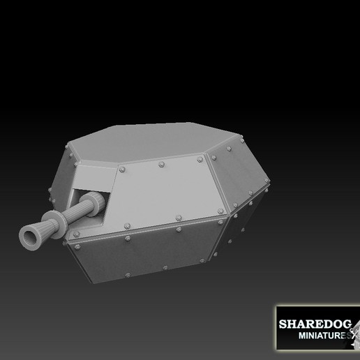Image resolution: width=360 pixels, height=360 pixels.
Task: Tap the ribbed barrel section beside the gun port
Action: click(x=85, y=207)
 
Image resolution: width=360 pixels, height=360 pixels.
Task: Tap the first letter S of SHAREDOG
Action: click(x=283, y=324)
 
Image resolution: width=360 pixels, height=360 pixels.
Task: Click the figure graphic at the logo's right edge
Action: click(x=353, y=328)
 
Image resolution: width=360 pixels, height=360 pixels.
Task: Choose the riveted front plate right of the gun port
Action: click(x=160, y=195)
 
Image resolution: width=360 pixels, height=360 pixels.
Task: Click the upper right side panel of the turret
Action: click(x=237, y=174)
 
